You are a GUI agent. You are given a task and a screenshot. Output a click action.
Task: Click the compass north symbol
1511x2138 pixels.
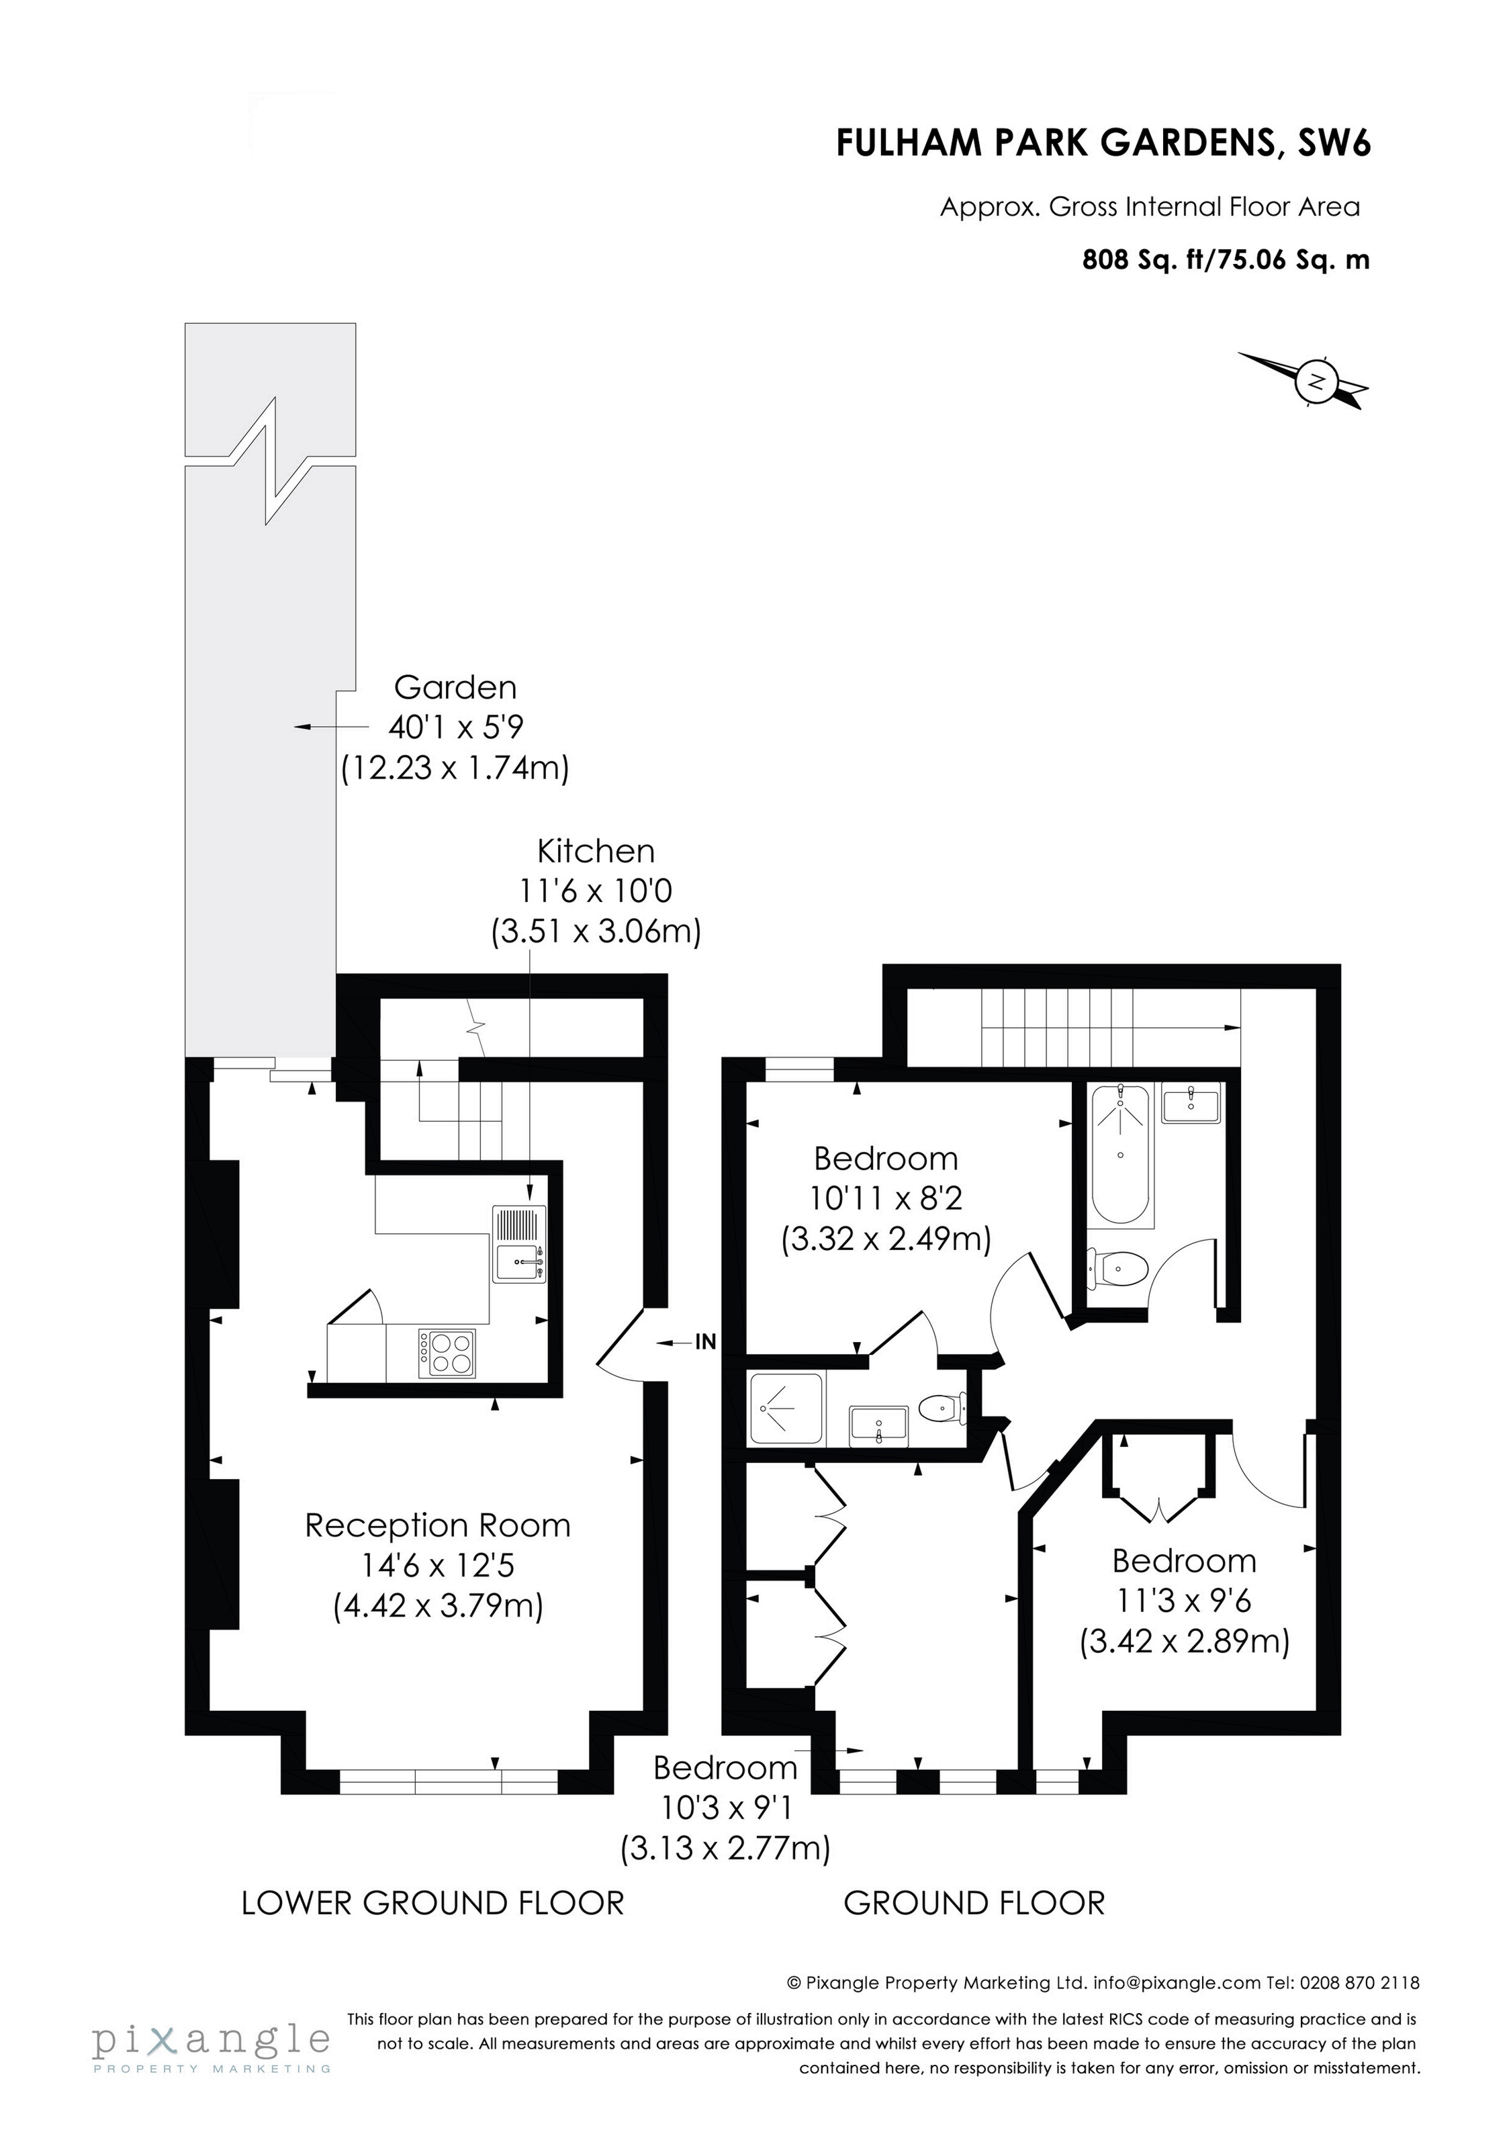1316,381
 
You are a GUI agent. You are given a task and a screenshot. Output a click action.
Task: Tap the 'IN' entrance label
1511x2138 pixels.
706,1342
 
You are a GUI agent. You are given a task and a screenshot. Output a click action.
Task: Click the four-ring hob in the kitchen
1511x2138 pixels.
448,1353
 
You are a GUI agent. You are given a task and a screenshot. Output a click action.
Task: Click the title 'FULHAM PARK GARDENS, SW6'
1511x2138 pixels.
1103,143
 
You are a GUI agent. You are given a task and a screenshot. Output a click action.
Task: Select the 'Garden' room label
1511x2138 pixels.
455,687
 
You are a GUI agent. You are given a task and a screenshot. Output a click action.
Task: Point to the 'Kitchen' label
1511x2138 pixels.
596,851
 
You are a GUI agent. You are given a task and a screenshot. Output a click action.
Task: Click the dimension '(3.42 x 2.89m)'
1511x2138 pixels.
1184,1641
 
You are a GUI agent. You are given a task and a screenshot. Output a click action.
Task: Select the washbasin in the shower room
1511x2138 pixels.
878,1425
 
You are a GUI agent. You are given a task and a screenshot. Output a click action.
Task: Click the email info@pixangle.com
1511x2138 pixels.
1177,1982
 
